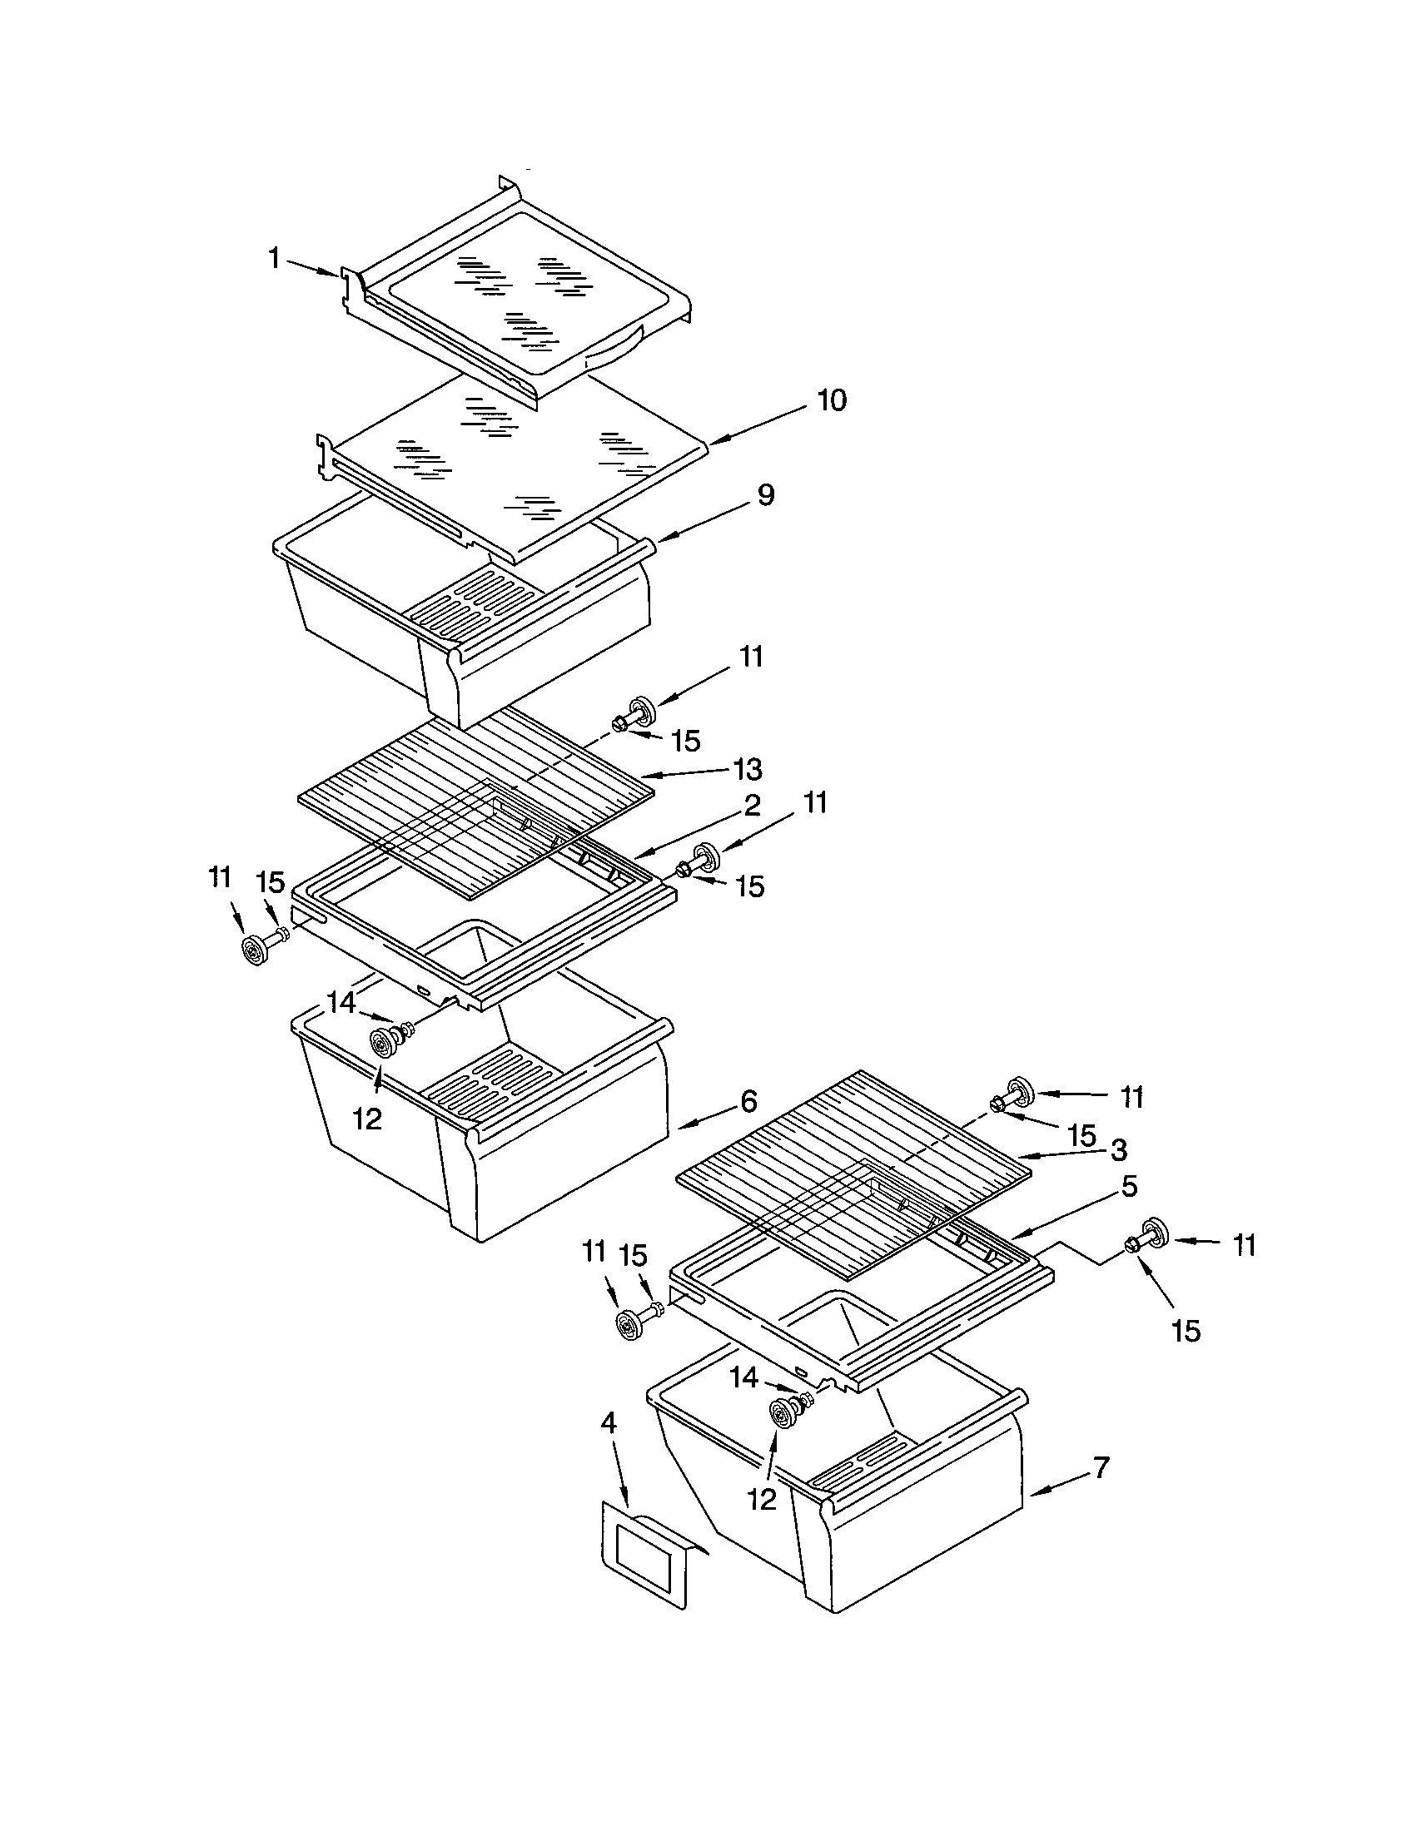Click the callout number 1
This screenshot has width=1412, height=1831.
pos(274,258)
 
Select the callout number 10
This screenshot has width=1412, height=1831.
pos(831,401)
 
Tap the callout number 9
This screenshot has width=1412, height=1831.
pos(766,495)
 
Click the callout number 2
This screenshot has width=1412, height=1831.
pos(751,806)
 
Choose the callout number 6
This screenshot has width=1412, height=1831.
pos(748,1100)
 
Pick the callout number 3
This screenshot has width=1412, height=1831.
pos(1119,1149)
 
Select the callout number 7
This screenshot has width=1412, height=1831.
pos(1101,1467)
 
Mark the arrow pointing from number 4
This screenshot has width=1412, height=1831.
pos(620,1476)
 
